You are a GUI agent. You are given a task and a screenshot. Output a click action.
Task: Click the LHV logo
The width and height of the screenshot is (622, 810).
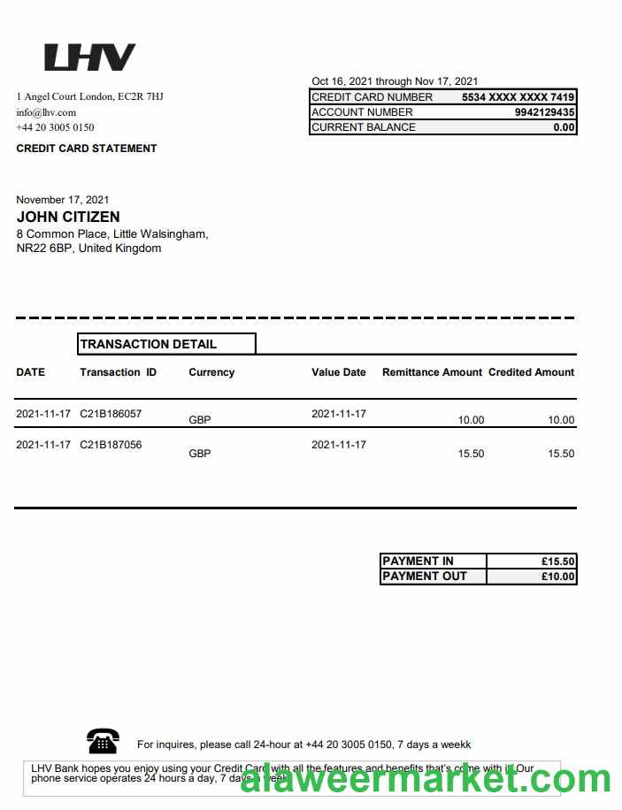(x=89, y=57)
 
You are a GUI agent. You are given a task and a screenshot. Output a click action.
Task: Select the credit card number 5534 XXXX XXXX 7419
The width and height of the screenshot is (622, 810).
(x=518, y=97)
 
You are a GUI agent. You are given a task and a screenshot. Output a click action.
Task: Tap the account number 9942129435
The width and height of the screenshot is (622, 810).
(x=544, y=112)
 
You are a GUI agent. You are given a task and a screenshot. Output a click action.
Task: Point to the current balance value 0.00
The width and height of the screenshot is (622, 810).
(x=564, y=127)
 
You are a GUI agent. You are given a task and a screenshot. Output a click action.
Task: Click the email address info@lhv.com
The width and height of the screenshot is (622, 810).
(x=46, y=112)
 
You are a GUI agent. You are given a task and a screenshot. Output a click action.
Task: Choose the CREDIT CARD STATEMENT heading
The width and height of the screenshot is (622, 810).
(x=87, y=149)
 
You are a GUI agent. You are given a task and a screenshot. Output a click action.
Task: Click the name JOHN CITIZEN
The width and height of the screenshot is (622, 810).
(x=68, y=217)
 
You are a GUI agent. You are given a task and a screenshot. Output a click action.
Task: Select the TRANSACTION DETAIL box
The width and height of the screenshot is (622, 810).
(x=166, y=344)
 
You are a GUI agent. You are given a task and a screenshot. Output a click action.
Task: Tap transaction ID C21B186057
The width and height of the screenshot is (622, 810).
(x=111, y=414)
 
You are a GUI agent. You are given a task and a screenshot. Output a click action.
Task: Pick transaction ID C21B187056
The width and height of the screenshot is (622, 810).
(x=111, y=445)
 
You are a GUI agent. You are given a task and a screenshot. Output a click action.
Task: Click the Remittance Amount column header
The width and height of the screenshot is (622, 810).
(x=432, y=372)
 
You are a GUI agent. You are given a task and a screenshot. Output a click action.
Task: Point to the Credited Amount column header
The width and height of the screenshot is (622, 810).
(x=531, y=372)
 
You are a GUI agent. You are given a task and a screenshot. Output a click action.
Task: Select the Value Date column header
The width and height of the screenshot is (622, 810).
(x=338, y=372)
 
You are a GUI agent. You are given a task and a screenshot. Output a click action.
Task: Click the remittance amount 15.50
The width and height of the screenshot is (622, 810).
(x=471, y=454)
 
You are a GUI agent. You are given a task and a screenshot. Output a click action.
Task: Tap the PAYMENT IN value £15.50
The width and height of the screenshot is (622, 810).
(x=557, y=561)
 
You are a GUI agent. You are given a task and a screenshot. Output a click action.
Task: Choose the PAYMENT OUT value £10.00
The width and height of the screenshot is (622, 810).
(x=557, y=577)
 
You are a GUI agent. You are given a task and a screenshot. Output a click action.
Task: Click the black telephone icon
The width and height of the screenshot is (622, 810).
(x=104, y=740)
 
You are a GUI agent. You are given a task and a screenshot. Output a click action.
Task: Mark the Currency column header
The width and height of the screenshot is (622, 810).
(x=211, y=372)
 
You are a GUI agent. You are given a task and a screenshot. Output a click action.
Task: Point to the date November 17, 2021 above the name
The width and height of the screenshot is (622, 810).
(x=63, y=200)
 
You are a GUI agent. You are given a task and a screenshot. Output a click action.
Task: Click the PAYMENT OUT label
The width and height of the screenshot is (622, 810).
(x=424, y=577)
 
